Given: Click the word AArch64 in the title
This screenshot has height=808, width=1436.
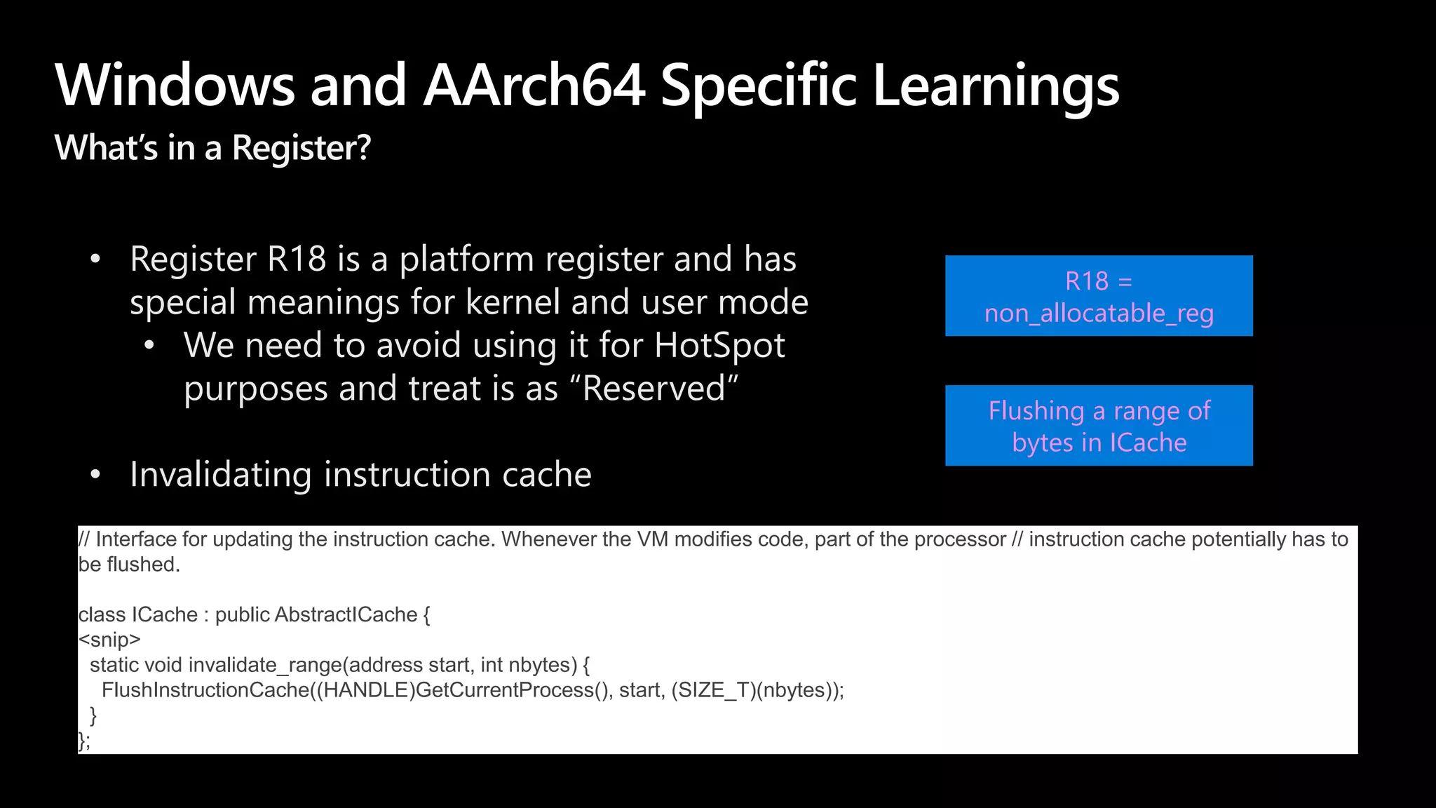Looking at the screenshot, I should tap(534, 86).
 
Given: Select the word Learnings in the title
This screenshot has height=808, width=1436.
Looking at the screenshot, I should tap(996, 86).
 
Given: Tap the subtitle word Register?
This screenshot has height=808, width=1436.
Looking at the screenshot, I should tap(301, 148).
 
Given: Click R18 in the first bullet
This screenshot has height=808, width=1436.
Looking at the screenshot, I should tap(297, 259).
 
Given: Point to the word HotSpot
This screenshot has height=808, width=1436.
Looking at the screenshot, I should tap(719, 345).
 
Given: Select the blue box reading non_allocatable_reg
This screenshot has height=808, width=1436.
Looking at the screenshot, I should tap(1099, 296).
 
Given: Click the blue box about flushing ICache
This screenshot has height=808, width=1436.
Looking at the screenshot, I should tap(1099, 426).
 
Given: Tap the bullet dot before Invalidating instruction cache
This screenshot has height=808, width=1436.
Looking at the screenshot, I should tap(95, 475).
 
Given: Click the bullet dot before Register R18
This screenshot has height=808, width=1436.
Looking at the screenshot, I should tap(95, 260).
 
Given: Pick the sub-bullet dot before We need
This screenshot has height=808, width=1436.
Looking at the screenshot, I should tap(149, 346).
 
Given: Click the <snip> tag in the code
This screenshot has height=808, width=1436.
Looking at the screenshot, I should tap(110, 640).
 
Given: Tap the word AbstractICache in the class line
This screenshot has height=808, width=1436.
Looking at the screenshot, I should tap(346, 615).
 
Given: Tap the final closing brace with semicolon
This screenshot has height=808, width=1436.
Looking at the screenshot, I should tap(84, 741).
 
